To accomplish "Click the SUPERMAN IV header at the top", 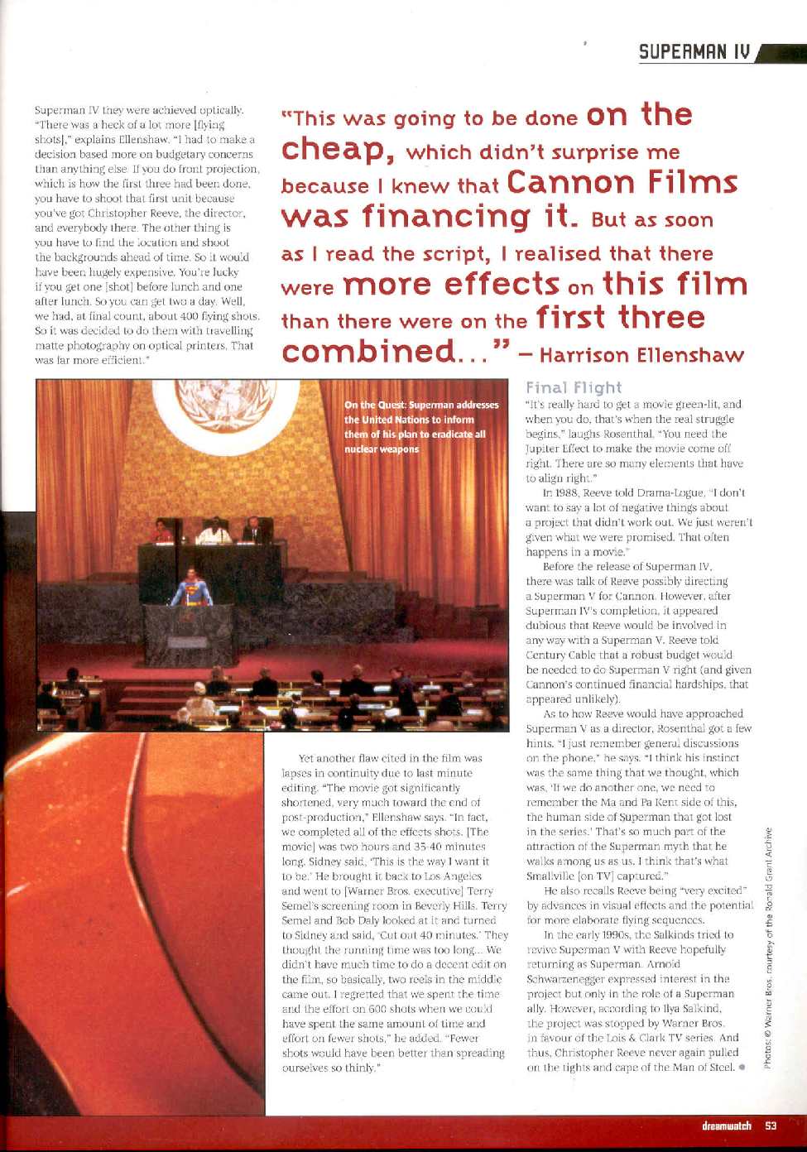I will point(694,53).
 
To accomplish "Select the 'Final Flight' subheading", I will point(573,387).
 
